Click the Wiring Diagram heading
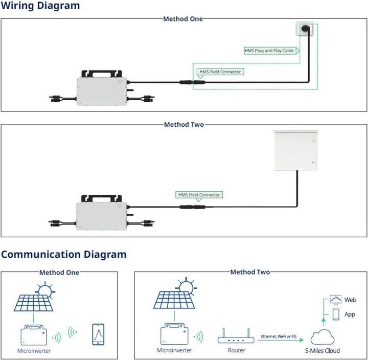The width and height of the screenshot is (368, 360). [40, 6]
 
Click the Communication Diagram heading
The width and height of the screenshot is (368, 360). [63, 254]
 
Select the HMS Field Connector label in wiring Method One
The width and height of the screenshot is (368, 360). [220, 72]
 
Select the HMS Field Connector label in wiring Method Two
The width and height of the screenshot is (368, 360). [199, 195]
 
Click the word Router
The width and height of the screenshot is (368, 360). [236, 350]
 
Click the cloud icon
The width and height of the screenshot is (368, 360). [323, 337]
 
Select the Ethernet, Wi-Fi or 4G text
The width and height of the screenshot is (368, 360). [279, 336]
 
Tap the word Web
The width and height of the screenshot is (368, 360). [350, 300]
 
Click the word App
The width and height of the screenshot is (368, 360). [350, 314]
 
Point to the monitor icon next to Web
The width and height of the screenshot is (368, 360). [335, 298]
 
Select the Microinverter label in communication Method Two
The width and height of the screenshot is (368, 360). [175, 350]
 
